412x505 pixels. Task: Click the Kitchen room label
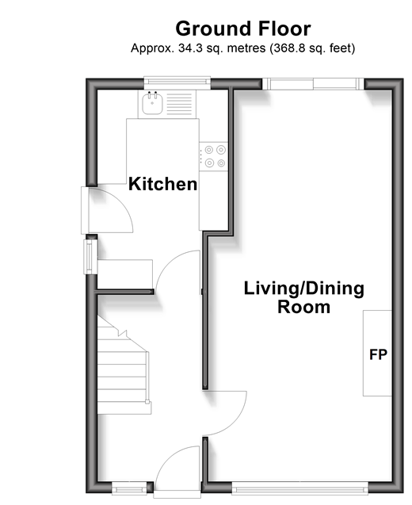[163, 184]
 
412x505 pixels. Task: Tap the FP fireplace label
[378, 354]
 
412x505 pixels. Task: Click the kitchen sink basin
[152, 103]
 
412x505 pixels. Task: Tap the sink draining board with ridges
[179, 104]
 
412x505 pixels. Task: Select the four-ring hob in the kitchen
[213, 156]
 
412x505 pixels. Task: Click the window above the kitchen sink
[177, 82]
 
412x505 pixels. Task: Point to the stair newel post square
[147, 402]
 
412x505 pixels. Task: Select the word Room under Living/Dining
[304, 307]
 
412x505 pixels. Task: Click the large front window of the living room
[300, 490]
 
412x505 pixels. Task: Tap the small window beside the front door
[129, 490]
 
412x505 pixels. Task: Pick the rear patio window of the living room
[313, 84]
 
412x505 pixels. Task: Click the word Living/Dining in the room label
[304, 289]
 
